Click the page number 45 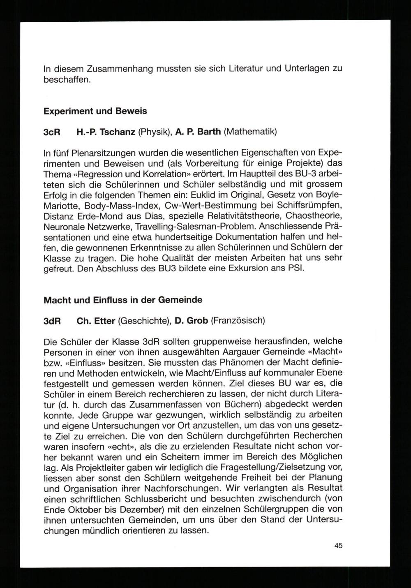(x=338, y=546)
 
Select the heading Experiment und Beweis (x=95, y=111)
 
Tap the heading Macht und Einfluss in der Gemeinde (x=123, y=300)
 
